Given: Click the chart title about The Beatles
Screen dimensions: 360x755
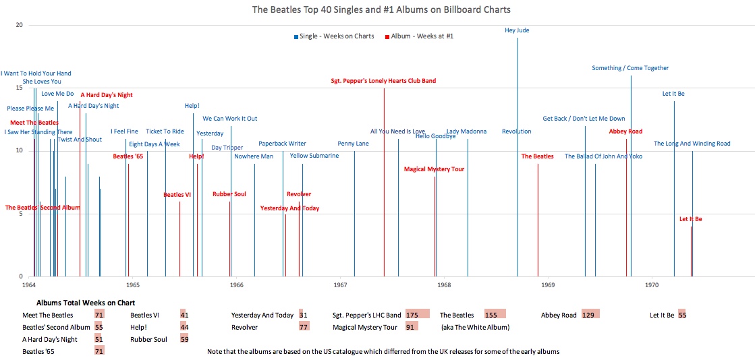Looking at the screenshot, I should click(x=381, y=9).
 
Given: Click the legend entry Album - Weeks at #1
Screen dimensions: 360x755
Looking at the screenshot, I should click(x=422, y=36).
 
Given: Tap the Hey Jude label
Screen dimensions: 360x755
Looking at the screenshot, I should click(x=517, y=30).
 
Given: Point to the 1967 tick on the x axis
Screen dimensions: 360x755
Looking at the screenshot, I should click(x=340, y=285).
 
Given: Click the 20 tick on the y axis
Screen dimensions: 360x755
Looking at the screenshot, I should click(x=19, y=25).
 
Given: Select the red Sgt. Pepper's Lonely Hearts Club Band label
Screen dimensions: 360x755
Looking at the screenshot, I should click(x=383, y=81).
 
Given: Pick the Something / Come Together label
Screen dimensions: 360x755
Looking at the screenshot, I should click(x=630, y=68).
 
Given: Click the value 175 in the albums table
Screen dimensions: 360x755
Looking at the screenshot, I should click(x=412, y=315).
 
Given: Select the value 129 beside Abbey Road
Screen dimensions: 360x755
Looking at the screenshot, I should click(x=590, y=315).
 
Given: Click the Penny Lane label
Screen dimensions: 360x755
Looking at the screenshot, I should click(x=354, y=144).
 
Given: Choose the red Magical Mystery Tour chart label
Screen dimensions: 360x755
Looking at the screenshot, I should click(x=434, y=169).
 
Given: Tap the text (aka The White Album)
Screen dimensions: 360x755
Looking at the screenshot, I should click(x=475, y=328).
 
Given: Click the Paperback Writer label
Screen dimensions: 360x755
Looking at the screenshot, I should click(x=282, y=144).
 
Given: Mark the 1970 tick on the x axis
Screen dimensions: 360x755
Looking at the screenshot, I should click(x=651, y=285).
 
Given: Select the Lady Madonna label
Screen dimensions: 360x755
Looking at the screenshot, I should click(x=466, y=131).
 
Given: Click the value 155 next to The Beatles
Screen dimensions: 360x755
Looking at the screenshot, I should click(x=491, y=315).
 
